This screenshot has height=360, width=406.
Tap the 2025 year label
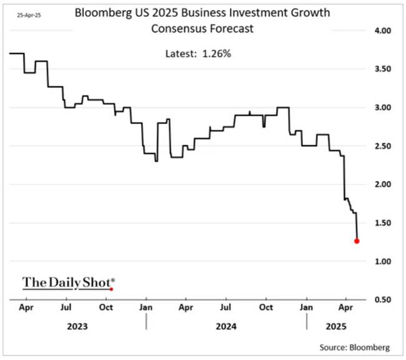click(x=337, y=326)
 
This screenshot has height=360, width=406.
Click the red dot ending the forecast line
click(x=357, y=241)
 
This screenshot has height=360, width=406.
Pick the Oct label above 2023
click(x=106, y=308)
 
